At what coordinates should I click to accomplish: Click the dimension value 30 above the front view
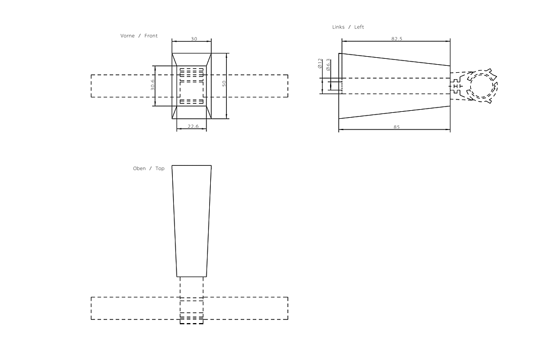click(193, 39)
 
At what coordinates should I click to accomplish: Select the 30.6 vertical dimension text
click(152, 85)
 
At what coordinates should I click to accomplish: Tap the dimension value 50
click(224, 84)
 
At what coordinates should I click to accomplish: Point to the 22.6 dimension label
click(194, 127)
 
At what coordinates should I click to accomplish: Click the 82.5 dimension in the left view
click(396, 39)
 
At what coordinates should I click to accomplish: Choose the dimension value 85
click(396, 127)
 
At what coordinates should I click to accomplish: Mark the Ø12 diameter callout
click(320, 64)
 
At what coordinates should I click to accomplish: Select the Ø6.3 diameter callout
click(328, 64)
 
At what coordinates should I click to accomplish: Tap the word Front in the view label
click(151, 36)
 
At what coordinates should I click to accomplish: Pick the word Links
click(339, 27)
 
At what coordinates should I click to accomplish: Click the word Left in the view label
click(359, 27)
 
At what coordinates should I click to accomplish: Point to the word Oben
click(139, 168)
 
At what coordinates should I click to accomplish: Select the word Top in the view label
click(160, 168)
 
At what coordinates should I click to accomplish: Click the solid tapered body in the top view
click(192, 219)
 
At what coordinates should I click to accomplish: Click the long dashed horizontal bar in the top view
click(134, 308)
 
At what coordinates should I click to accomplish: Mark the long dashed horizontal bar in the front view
click(123, 86)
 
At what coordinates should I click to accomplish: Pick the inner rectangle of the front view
click(192, 86)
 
